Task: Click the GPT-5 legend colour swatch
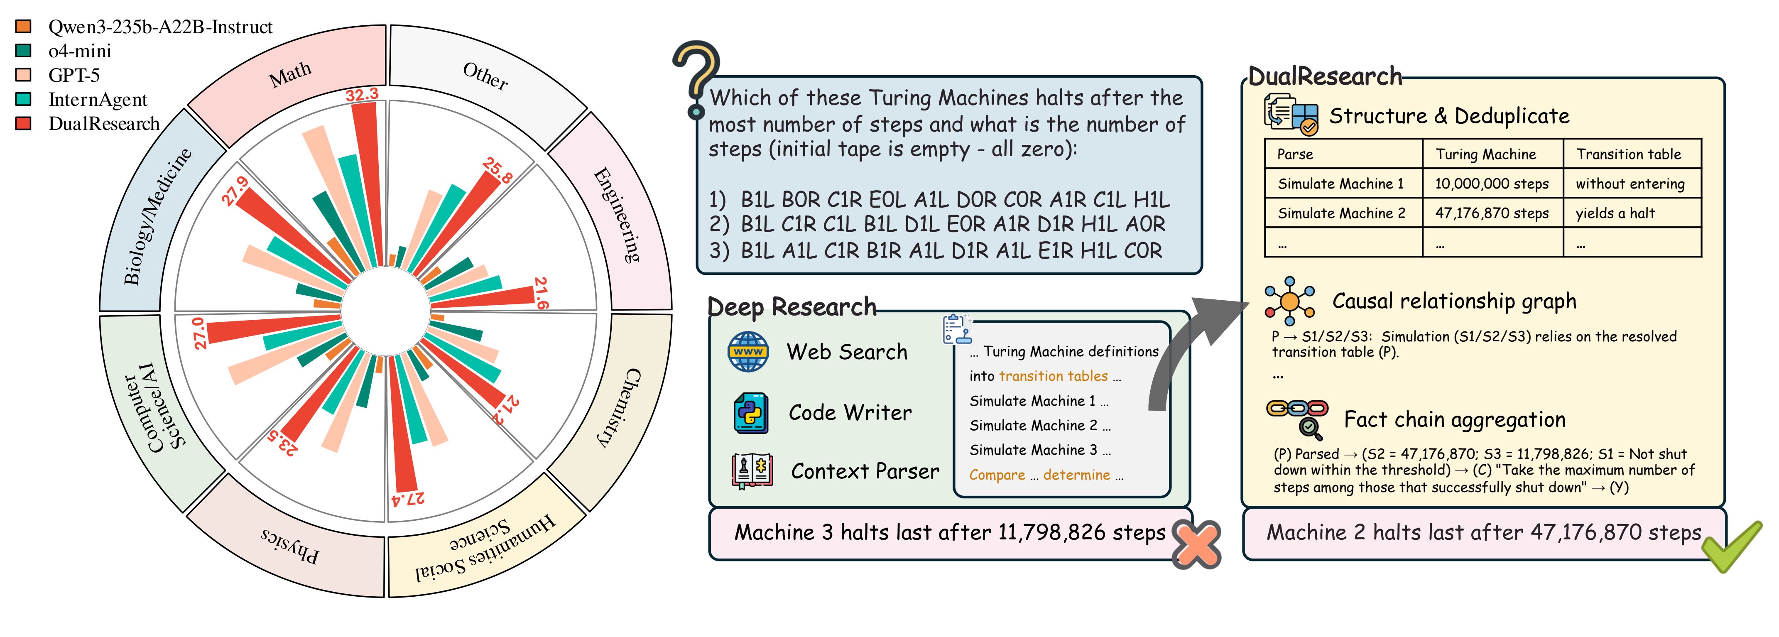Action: coord(24,75)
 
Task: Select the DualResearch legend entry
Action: coord(103,124)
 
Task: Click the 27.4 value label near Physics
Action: coord(407,498)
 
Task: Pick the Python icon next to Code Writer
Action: coord(751,412)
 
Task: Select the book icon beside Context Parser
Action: coord(752,471)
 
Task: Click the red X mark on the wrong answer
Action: coord(1197,544)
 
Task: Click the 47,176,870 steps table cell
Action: coord(1492,213)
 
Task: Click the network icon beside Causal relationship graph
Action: coord(1289,301)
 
